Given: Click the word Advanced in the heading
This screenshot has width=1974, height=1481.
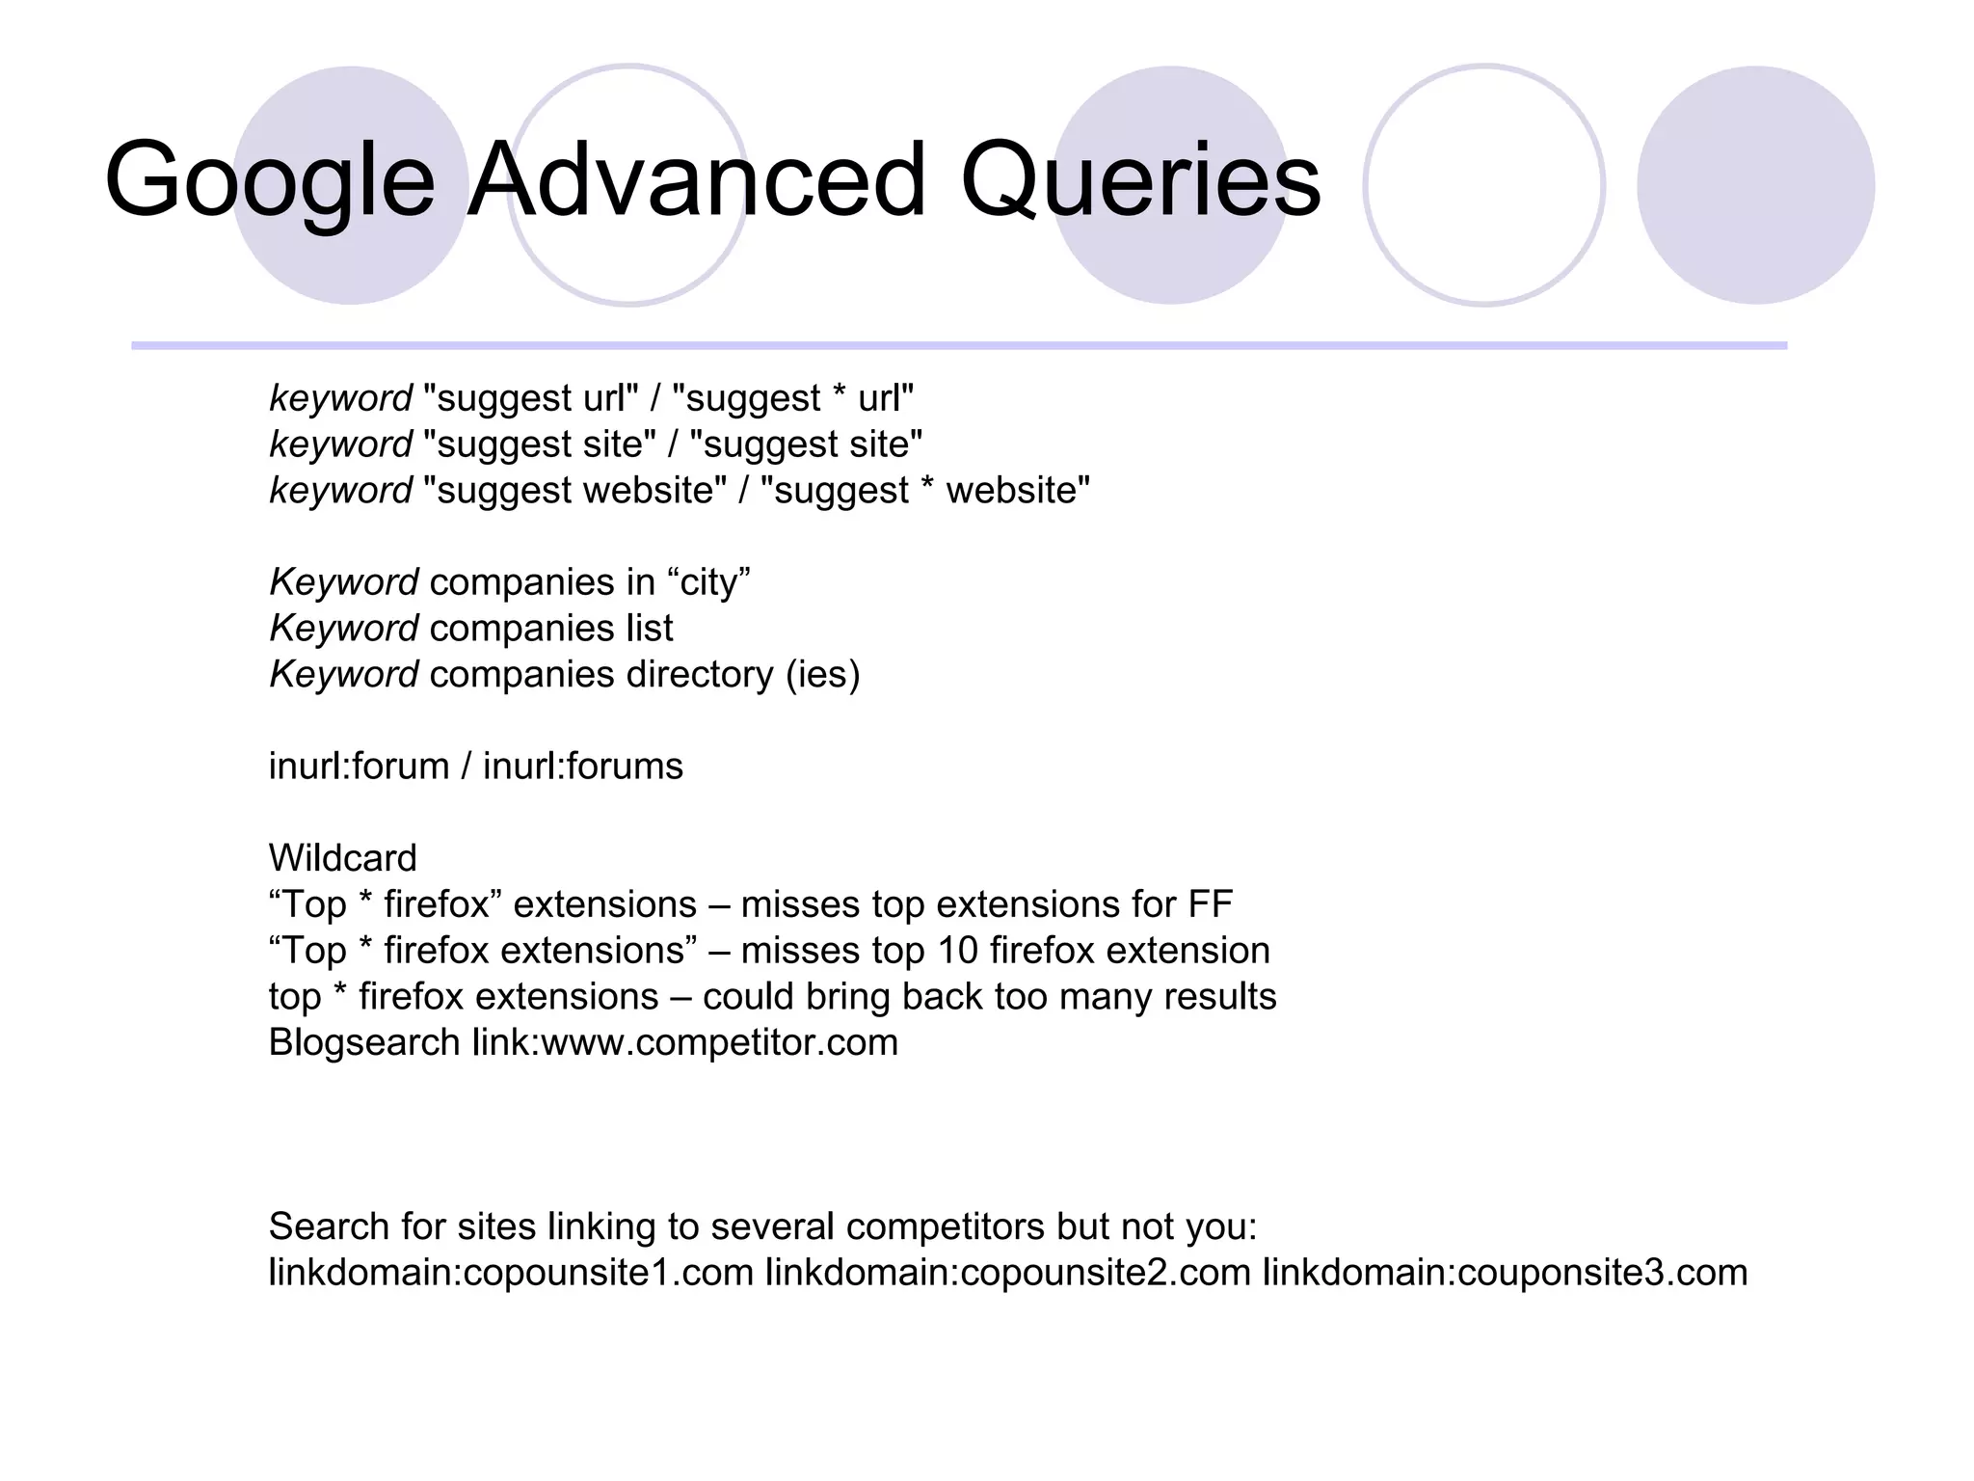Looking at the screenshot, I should click(696, 181).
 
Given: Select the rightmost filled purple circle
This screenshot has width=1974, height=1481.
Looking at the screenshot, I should click(1755, 185).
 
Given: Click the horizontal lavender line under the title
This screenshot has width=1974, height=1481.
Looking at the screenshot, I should click(959, 345).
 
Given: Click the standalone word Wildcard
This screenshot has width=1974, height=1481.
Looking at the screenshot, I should click(343, 858).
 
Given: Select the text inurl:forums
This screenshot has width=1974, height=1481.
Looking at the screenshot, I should click(582, 767).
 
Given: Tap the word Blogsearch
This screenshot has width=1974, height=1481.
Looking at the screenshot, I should click(364, 1043).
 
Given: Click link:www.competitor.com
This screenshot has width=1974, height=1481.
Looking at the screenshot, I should click(684, 1043).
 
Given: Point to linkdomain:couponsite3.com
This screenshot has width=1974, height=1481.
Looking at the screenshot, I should click(1505, 1273).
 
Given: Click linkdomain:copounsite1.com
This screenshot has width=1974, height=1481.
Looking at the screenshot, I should click(511, 1273).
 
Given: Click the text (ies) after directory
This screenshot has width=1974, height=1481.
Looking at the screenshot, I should click(822, 675).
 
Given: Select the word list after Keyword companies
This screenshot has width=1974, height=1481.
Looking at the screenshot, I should click(649, 629).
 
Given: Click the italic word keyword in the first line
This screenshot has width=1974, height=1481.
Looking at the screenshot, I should click(340, 398).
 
